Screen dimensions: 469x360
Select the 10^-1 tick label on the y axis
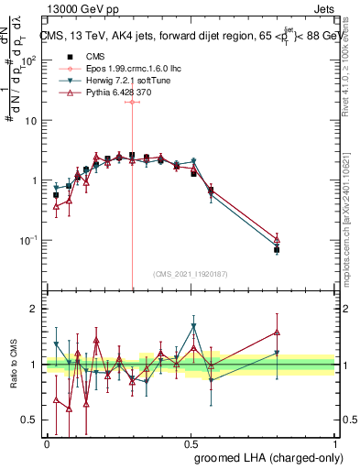click(x=27, y=240)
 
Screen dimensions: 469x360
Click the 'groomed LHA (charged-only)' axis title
click(x=268, y=457)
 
